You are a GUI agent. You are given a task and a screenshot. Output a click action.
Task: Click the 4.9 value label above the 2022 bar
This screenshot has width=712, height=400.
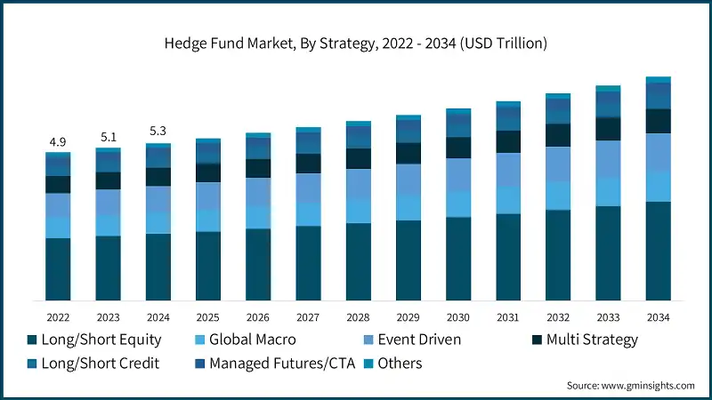[x=58, y=142]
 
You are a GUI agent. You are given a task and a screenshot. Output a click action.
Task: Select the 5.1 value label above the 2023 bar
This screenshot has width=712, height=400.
[x=108, y=138]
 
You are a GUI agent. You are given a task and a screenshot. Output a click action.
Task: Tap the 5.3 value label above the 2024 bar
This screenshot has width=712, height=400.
[x=158, y=132]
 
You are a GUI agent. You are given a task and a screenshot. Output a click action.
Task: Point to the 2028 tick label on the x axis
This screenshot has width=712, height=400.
[x=358, y=316]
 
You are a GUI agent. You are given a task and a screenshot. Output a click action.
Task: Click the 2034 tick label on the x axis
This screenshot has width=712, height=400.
[x=658, y=316]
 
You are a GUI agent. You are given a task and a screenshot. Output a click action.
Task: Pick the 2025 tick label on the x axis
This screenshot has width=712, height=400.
[x=207, y=316]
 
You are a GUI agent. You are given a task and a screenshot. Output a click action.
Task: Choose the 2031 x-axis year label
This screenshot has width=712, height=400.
[x=508, y=316]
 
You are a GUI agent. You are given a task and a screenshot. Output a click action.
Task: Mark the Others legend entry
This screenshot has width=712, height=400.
[x=399, y=364]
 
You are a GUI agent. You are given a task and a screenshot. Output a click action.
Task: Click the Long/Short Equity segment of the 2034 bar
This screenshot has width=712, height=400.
[x=658, y=251]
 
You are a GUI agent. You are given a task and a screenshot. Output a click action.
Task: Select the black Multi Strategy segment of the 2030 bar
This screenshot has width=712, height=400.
[x=458, y=148]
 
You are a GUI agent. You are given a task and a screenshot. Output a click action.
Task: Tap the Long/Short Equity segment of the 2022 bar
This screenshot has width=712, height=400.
[x=58, y=268]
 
